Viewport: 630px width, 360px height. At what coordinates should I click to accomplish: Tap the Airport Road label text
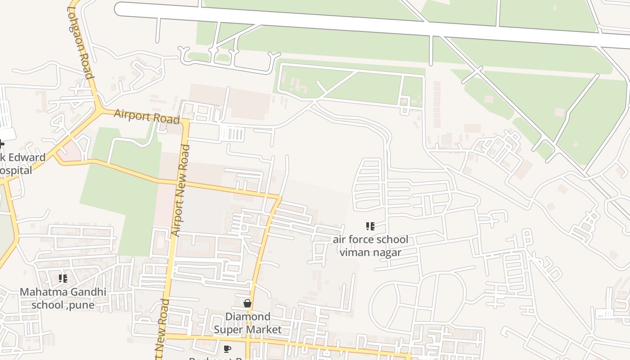(147, 116)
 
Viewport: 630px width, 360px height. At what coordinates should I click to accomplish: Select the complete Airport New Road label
(181, 190)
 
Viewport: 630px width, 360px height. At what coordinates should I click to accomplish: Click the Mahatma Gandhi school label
(63, 298)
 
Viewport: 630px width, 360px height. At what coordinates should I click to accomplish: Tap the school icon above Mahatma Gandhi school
(63, 279)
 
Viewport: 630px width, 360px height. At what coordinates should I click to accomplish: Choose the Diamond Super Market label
(247, 323)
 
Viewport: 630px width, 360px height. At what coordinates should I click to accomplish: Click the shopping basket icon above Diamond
(247, 303)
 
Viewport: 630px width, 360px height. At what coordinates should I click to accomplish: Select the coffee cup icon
(227, 349)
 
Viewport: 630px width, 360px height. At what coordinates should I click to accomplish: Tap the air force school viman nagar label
(370, 246)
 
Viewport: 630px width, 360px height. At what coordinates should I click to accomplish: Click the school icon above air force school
(370, 226)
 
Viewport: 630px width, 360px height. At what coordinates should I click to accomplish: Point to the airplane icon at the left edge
(2, 144)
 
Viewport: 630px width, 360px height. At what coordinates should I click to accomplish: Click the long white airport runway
(360, 25)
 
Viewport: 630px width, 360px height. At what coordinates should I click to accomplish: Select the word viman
(354, 252)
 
